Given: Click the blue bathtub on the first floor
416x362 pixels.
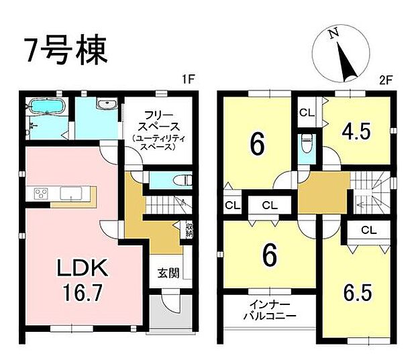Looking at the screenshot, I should click(46, 107).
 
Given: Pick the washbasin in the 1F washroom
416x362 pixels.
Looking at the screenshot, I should click(107, 105).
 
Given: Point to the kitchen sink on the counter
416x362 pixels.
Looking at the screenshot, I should click(70, 194).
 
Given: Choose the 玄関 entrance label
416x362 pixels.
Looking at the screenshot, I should click(167, 273).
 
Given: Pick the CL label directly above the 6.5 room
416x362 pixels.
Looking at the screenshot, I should click(368, 231).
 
